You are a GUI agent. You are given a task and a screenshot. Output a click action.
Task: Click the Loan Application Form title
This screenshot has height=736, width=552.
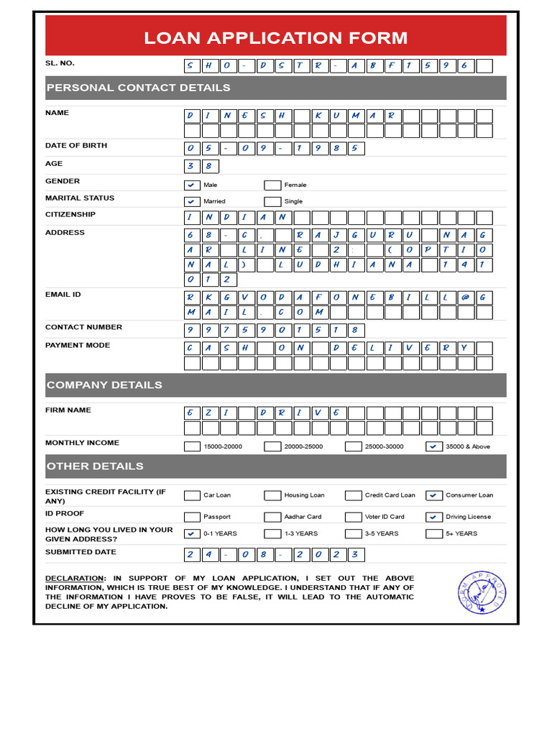click(x=275, y=38)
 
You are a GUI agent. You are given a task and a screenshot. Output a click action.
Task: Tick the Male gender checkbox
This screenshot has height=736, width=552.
click(x=192, y=185)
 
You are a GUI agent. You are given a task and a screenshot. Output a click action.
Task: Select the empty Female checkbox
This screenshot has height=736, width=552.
click(x=272, y=185)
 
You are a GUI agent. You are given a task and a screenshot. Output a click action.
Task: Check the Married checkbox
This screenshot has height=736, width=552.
click(x=192, y=201)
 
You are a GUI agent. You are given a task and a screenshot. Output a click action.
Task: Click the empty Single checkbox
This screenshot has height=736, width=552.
click(x=272, y=201)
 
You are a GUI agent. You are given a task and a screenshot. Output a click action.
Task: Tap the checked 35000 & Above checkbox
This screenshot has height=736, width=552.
click(x=434, y=446)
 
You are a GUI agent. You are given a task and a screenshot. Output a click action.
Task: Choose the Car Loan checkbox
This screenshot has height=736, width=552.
click(x=192, y=495)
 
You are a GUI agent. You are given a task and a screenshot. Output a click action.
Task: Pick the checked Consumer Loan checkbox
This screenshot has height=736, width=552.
click(x=434, y=495)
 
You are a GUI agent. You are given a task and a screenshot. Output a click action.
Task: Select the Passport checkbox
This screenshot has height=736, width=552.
click(x=192, y=517)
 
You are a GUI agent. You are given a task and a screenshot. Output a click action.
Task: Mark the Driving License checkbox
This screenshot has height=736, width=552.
click(x=434, y=517)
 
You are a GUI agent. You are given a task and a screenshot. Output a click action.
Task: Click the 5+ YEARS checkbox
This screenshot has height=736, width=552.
click(x=434, y=533)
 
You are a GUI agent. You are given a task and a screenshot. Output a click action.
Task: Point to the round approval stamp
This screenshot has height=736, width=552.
click(x=482, y=592)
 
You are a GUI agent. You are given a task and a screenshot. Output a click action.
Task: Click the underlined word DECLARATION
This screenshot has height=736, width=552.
click(x=75, y=579)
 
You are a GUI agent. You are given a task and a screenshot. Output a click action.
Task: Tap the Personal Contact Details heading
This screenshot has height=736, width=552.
click(x=139, y=88)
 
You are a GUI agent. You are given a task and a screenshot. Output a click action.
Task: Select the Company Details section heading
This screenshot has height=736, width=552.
click(x=105, y=385)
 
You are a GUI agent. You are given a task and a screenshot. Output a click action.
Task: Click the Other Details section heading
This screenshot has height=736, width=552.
click(x=96, y=466)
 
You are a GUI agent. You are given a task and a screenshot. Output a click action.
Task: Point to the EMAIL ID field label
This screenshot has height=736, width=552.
click(x=63, y=294)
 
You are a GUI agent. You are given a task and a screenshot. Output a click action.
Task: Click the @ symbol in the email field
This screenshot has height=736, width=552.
click(x=466, y=296)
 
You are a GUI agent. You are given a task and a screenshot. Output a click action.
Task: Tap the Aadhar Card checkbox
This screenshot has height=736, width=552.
click(x=272, y=517)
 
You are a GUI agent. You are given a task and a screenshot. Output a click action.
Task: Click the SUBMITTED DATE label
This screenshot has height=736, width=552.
click(x=80, y=552)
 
